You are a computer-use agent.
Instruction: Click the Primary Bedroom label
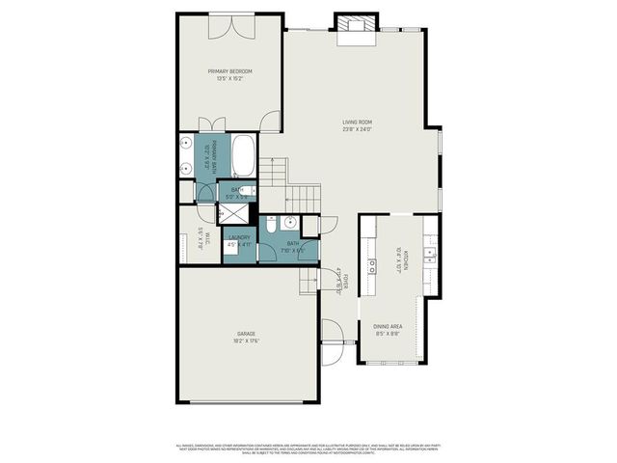tap(228, 71)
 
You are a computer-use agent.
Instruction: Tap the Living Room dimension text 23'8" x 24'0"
tap(357, 130)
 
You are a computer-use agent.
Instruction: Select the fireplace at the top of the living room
tap(353, 27)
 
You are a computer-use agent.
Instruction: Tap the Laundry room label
tap(239, 237)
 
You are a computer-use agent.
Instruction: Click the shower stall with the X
tap(236, 212)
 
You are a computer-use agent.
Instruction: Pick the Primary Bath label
tap(207, 154)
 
